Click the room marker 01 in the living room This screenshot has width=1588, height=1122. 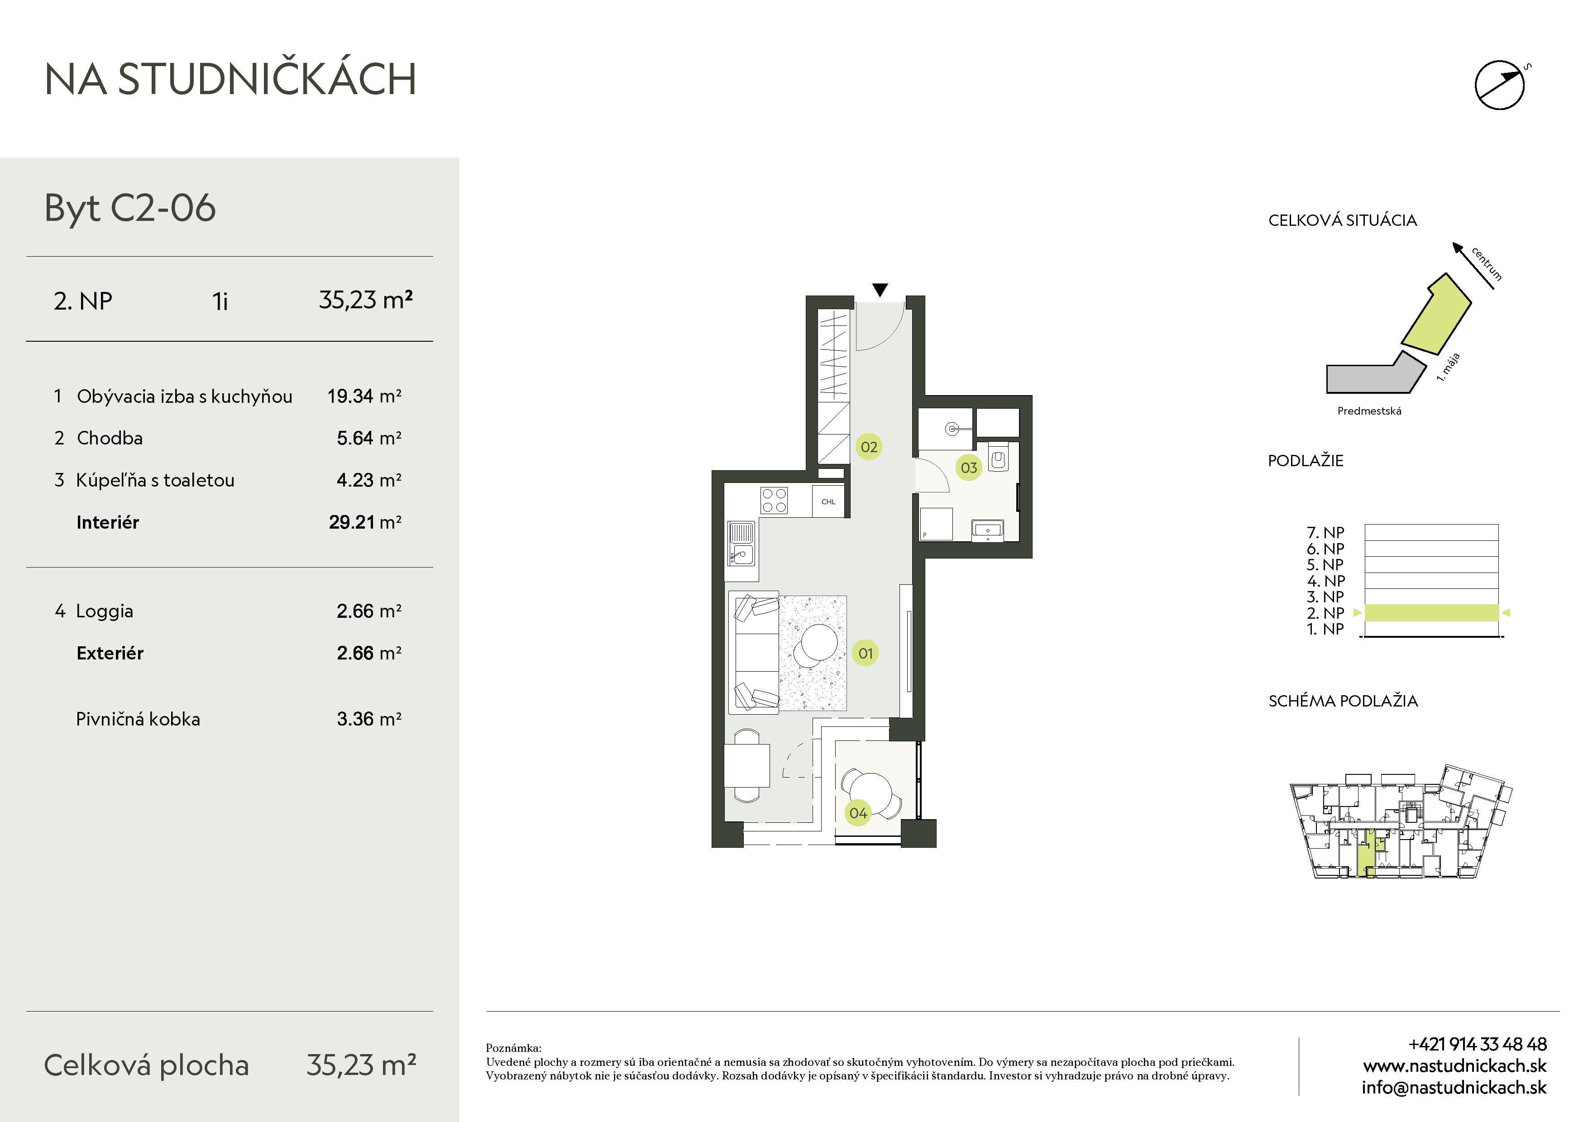click(x=865, y=653)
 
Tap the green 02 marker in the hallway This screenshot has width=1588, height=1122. click(x=869, y=447)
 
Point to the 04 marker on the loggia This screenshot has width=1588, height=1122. click(x=858, y=813)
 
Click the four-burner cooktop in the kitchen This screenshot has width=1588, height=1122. click(x=774, y=501)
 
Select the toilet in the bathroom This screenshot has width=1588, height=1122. click(x=998, y=457)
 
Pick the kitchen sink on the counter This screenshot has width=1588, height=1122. click(x=741, y=544)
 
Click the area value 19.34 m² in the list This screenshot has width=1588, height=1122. click(x=364, y=396)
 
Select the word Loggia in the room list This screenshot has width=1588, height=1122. click(x=105, y=611)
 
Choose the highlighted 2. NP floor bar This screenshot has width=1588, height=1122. click(x=1431, y=612)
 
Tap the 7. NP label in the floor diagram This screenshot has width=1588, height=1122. click(x=1325, y=532)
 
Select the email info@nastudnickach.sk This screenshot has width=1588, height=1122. click(x=1454, y=1088)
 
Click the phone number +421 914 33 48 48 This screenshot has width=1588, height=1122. click(x=1478, y=1044)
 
